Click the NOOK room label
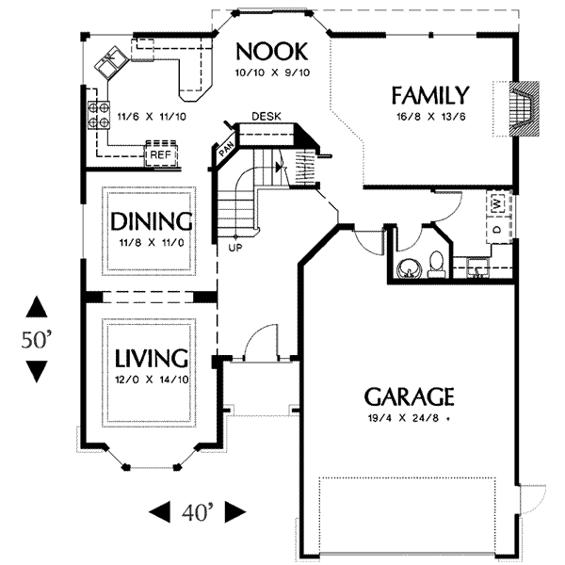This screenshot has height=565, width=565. tap(272, 52)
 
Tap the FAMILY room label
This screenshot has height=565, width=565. tap(430, 95)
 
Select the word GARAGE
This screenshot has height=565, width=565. tap(410, 396)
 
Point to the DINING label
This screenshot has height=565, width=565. tap(151, 221)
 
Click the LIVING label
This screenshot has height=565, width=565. tap(152, 358)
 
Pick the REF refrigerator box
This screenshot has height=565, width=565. tap(161, 154)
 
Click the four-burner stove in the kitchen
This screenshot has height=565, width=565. tap(98, 115)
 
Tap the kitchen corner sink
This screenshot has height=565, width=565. tap(110, 63)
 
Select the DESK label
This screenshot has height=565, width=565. tap(266, 117)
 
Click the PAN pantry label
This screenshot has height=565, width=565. tap(226, 149)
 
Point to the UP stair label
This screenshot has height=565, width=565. tap(235, 248)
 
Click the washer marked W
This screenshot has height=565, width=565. tap(497, 204)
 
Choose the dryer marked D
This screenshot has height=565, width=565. tap(498, 230)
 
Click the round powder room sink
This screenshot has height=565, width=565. tap(409, 268)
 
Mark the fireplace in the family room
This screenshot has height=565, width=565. tap(524, 109)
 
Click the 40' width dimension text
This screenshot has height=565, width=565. tap(197, 512)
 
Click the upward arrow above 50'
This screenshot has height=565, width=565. tap(37, 307)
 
